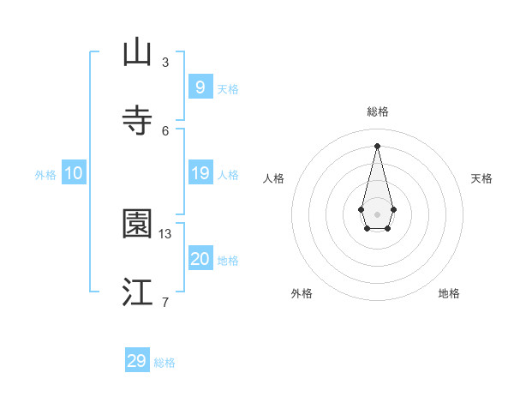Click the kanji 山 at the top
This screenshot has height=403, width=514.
[137, 52]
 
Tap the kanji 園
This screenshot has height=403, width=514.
[137, 224]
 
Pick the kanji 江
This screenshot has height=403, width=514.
[137, 292]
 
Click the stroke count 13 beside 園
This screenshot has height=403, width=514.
[165, 233]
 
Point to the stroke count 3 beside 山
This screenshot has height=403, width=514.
[165, 62]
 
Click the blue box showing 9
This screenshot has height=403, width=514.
[200, 87]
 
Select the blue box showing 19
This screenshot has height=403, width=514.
[200, 173]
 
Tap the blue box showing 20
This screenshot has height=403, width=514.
[200, 259]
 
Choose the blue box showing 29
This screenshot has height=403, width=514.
[137, 361]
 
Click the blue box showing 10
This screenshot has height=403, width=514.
[74, 173]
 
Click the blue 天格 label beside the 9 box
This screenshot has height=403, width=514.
[228, 89]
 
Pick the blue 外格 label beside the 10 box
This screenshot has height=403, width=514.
[45, 175]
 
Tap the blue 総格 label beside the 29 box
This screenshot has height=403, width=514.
[164, 363]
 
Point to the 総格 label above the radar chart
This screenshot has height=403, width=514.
[378, 111]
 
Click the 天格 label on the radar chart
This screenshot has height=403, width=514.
[482, 178]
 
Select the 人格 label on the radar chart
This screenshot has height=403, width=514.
[273, 178]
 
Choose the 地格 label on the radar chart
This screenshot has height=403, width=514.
[449, 293]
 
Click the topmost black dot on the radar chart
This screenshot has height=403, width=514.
[377, 145]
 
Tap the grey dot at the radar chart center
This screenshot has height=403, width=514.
[377, 214]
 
